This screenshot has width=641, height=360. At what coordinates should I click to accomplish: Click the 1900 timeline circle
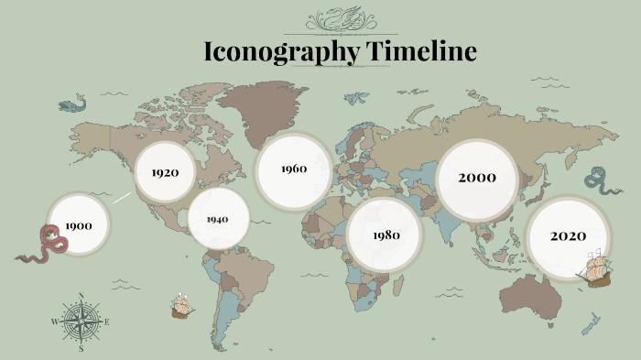(79, 224)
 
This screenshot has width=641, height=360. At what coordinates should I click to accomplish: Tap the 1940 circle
(218, 219)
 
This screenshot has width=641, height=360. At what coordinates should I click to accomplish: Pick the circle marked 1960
(293, 169)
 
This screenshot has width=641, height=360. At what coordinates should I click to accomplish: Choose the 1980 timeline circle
(386, 235)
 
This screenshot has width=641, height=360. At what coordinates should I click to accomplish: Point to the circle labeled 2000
(477, 178)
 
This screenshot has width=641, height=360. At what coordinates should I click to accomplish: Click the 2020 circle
(568, 236)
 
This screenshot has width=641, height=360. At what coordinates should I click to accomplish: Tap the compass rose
(81, 322)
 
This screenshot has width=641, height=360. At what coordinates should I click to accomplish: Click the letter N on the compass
(81, 296)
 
